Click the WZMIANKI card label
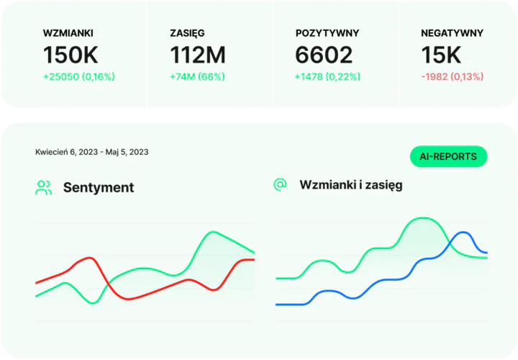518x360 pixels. [x=68, y=33]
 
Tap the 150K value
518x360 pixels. [x=71, y=55]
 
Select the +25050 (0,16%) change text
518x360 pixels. [x=79, y=76]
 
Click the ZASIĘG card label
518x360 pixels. [x=187, y=33]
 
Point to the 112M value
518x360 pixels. [x=198, y=55]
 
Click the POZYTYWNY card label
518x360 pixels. [x=327, y=33]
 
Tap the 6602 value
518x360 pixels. [x=324, y=55]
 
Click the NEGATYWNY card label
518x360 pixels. [x=452, y=33]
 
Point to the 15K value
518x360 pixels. [x=441, y=55]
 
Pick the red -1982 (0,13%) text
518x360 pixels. [x=452, y=76]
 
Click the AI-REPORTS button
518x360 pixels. [x=448, y=156]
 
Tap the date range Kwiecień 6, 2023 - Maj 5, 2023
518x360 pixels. [x=92, y=152]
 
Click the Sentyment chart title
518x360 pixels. [x=99, y=188]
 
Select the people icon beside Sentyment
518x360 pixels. [x=44, y=188]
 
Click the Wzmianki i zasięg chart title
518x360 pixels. [x=351, y=185]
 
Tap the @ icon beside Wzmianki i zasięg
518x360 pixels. [x=280, y=184]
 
